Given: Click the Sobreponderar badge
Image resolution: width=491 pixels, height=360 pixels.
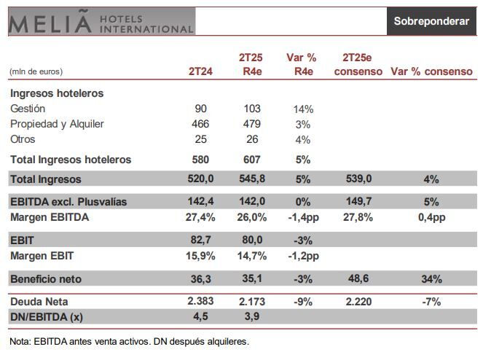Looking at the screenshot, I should tap(431, 21).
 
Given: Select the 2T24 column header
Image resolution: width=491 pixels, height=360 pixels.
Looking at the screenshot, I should tap(200, 72).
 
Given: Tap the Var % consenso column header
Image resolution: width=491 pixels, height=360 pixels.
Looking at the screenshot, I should tap(431, 72).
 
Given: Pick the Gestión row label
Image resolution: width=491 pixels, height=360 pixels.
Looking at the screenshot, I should tap(28, 109).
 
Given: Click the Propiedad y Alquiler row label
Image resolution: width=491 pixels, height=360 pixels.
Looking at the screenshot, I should tap(57, 124).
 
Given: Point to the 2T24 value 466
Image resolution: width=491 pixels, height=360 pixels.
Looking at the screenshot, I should tap(200, 124).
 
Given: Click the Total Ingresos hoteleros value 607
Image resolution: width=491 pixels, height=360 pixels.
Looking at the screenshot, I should tap(251, 160).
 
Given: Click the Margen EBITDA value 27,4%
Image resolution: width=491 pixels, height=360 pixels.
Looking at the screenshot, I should tap(200, 217).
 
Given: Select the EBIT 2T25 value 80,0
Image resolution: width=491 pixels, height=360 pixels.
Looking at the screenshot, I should tap(251, 240).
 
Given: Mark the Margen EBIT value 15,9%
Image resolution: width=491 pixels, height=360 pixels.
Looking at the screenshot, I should tap(200, 256).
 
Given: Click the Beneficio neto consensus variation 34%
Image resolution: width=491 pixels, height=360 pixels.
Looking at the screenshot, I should tap(431, 279).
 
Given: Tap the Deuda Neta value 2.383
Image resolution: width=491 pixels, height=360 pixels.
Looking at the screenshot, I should tap(200, 301).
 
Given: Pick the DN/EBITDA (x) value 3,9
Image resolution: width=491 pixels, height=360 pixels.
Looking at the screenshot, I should tap(251, 316).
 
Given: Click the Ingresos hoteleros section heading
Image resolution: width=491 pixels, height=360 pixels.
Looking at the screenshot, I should tap(57, 93).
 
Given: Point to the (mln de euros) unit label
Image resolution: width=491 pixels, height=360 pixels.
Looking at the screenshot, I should tap(36, 72).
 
